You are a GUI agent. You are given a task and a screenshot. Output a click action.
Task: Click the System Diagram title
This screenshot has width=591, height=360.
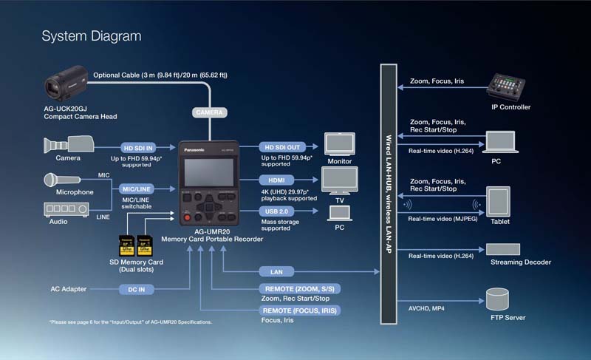[x=92, y=36]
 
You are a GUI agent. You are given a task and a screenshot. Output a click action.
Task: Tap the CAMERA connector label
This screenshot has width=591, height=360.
[x=210, y=112]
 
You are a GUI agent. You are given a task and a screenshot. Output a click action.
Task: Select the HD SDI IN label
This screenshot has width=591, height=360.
[x=138, y=148]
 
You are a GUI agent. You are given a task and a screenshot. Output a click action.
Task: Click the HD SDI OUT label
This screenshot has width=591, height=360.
[x=282, y=147]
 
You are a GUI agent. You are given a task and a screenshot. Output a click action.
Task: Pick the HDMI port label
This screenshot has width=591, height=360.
[x=276, y=180]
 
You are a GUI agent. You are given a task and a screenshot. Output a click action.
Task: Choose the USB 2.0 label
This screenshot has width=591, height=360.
[x=276, y=211]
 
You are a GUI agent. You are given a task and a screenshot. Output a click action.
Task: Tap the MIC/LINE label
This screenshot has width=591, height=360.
[x=137, y=189]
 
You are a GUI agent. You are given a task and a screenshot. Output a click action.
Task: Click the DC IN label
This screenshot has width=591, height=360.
[x=137, y=290]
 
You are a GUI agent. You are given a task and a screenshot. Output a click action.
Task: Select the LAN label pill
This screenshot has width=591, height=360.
[x=276, y=272]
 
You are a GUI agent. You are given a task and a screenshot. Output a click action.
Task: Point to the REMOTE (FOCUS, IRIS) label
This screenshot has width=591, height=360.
[x=300, y=310]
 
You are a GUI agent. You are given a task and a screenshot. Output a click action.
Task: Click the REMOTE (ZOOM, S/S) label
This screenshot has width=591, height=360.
[x=300, y=289]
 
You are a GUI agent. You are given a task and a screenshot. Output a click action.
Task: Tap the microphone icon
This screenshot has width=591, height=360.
[x=62, y=180]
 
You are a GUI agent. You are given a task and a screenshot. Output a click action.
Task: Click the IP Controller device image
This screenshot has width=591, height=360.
[x=506, y=87]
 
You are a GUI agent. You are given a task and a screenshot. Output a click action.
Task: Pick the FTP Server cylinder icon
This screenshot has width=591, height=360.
[x=497, y=299]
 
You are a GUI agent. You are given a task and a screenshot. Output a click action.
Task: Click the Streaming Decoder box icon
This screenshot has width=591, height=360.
[x=503, y=249]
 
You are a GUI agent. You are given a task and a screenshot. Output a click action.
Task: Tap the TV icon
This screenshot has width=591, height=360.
[x=340, y=181]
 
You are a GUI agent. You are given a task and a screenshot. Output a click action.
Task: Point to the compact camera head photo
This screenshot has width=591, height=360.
[x=66, y=84]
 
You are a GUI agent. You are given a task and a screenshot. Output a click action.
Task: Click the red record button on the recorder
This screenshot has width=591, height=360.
[x=187, y=217]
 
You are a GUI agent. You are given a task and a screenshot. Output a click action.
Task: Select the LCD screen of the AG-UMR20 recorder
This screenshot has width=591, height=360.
[x=209, y=172]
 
